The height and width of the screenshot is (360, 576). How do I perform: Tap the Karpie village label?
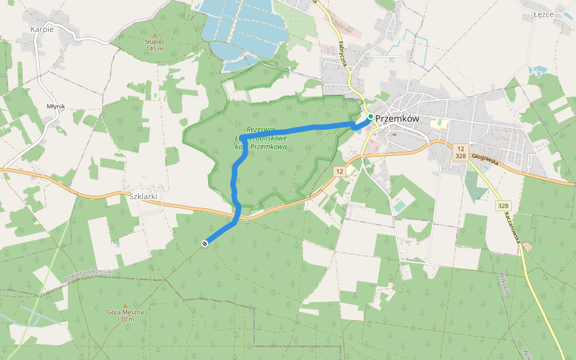click(42, 29)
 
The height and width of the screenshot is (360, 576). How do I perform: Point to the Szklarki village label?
click(143, 196)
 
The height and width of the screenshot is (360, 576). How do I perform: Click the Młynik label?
click(55, 106)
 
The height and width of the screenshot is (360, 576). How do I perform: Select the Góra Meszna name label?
click(125, 313)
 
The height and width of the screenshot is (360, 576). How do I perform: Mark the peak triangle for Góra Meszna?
click(125, 305)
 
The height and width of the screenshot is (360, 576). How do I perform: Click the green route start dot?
click(371, 116)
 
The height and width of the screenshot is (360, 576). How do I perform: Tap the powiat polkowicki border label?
click(88, 275)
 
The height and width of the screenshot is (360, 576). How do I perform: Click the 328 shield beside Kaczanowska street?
click(503, 206)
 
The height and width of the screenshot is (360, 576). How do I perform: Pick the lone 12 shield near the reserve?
click(340, 172)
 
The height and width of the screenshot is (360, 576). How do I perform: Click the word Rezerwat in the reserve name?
click(260, 130)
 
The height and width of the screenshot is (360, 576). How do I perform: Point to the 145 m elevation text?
click(154, 49)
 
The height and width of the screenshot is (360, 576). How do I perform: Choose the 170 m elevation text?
click(125, 319)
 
